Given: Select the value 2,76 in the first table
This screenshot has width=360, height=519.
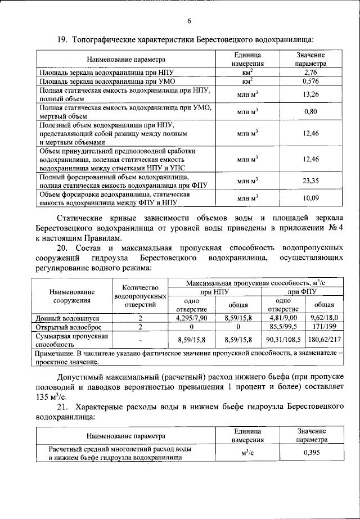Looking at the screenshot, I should pyautogui.click(x=310, y=73).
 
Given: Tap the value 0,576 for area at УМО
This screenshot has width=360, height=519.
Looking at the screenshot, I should pyautogui.click(x=310, y=82).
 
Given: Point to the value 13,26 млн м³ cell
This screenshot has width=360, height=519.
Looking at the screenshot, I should pyautogui.click(x=310, y=94).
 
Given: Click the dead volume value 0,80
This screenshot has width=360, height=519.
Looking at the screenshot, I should pyautogui.click(x=310, y=112).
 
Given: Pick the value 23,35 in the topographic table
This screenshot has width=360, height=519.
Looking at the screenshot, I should pyautogui.click(x=310, y=180).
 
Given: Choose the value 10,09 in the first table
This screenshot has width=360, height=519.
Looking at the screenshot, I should pyautogui.click(x=310, y=198).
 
